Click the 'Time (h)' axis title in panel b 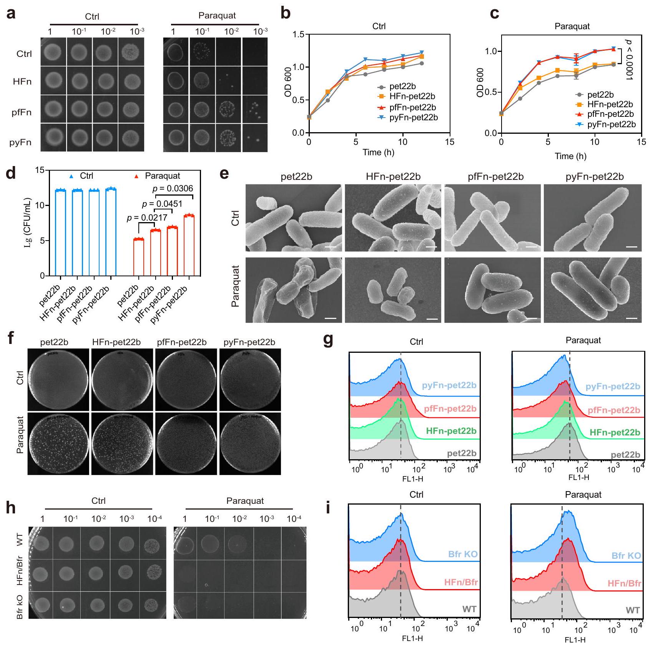point(378,152)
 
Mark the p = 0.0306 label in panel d point(173,188)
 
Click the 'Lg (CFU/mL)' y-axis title point(28,223)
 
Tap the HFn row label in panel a point(22,81)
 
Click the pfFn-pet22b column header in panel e point(495,177)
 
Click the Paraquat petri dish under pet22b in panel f point(58,443)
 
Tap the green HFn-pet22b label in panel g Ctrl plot point(451,431)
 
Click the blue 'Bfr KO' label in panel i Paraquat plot point(626,556)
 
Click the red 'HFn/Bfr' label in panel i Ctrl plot point(461,582)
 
